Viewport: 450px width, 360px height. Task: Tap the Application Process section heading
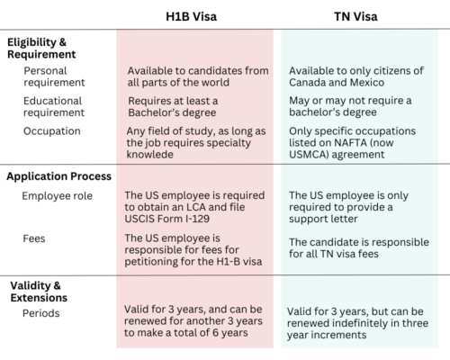(x=58, y=176)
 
